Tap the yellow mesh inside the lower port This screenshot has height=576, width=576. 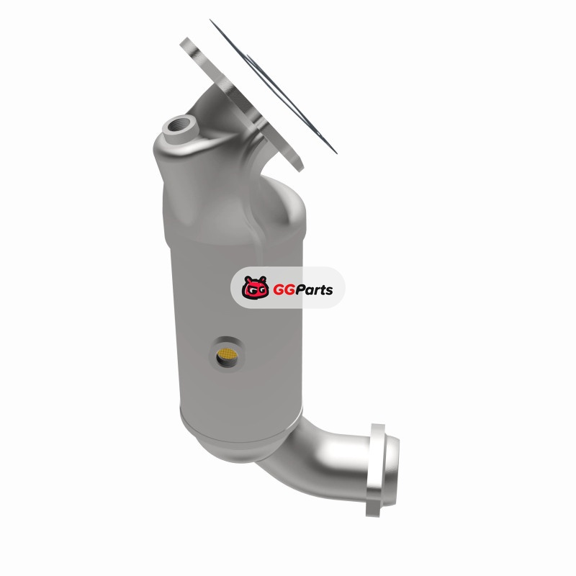click(x=227, y=354)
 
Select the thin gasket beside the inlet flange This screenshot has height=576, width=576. click(x=273, y=86)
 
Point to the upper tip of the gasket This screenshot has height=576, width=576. click(x=210, y=20)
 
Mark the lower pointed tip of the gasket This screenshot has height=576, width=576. click(x=336, y=153)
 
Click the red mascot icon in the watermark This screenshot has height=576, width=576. click(x=255, y=287)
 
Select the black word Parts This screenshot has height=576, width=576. click(x=314, y=290)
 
